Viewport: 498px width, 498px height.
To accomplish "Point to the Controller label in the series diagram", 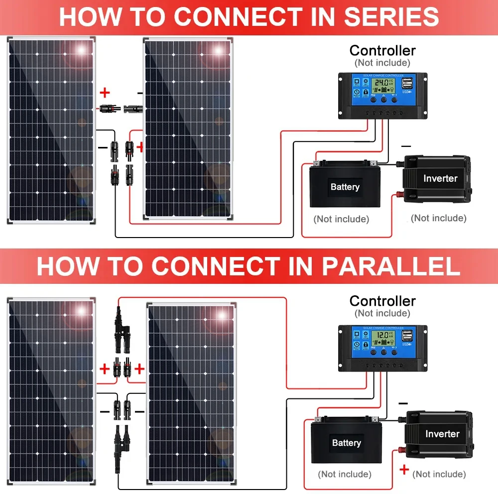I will coord(382,50).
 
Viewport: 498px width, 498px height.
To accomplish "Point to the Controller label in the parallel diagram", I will coord(382,301).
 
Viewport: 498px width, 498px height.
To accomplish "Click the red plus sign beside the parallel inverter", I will coord(404,469).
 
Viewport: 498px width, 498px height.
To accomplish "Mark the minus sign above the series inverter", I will coord(406,146).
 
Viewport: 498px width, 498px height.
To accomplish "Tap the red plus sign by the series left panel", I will coord(105,93).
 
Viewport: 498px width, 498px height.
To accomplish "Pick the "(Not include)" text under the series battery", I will coord(341,219).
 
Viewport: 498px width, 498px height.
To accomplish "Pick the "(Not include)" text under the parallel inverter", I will coord(439,474).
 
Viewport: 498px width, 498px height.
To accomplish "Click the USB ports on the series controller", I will coord(407,83).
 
